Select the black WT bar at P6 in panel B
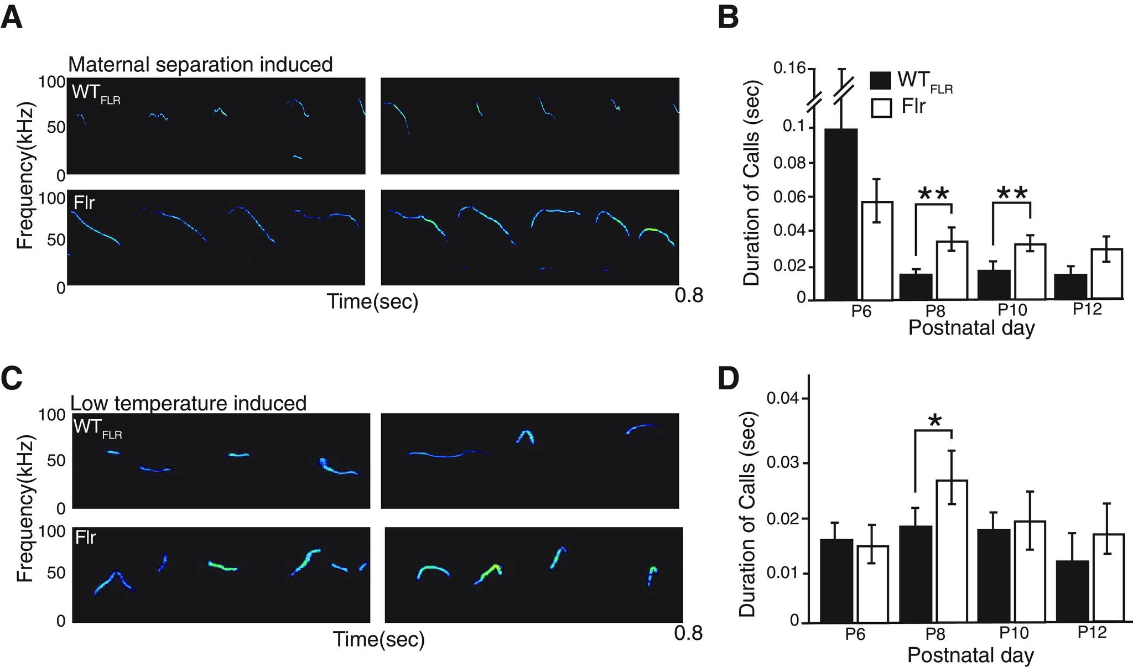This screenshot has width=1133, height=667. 841,216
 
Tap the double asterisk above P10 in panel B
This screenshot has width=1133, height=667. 1012,194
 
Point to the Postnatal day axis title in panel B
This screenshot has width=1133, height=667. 971,328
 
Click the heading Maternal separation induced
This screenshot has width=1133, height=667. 200,65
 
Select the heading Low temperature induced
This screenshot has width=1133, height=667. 189,403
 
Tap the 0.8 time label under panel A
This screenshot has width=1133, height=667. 689,295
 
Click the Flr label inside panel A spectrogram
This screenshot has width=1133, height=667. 84,203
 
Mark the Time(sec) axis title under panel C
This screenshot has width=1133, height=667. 379,639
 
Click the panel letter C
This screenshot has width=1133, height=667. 12,379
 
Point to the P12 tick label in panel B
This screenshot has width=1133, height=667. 1087,309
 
